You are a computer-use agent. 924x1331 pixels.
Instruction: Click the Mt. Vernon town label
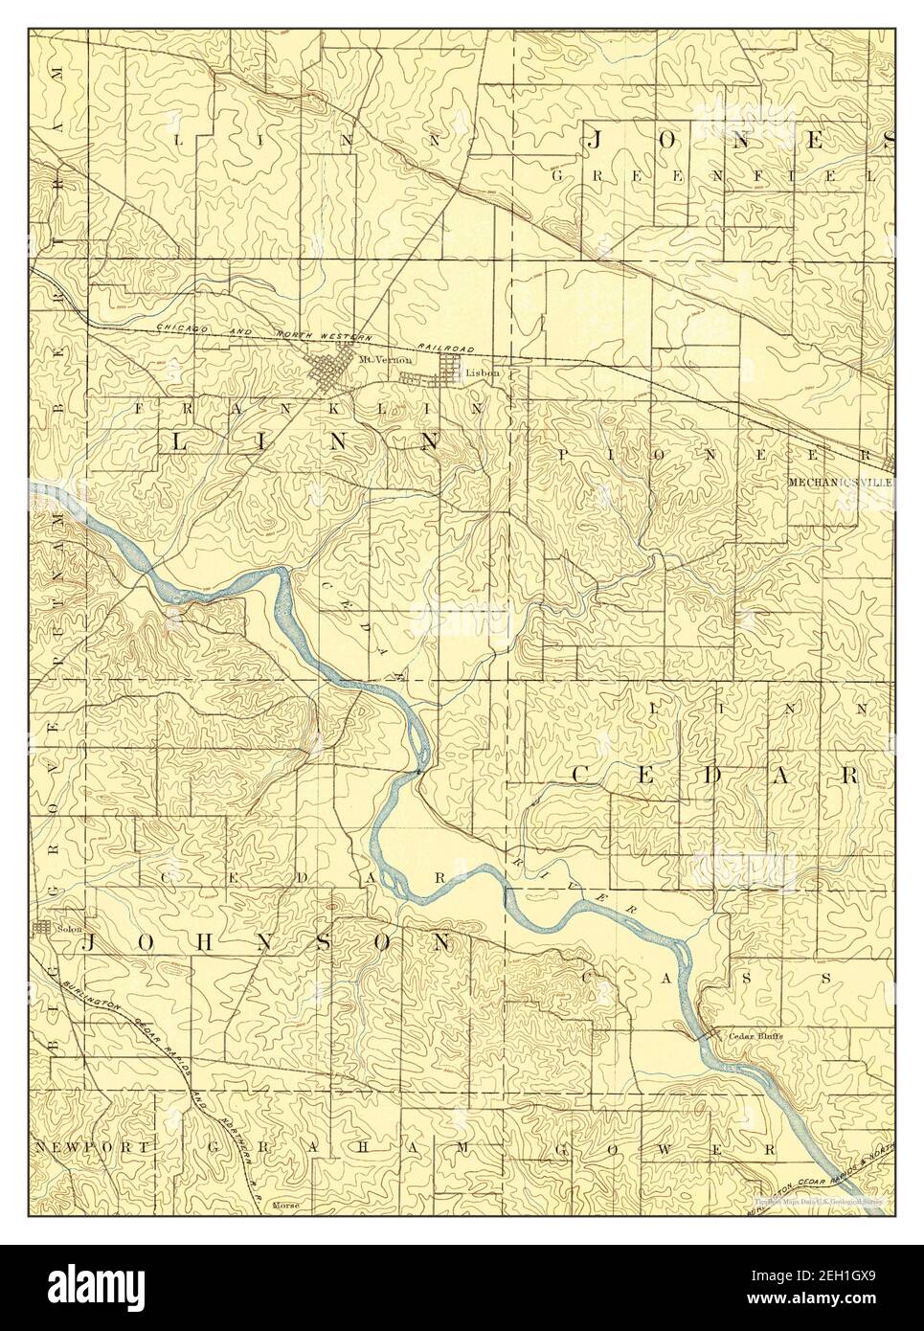point(371,360)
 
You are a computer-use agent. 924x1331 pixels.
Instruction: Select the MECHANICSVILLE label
point(840,483)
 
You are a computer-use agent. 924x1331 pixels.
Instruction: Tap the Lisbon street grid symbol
point(450,367)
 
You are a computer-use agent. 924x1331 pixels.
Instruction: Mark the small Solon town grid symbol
point(41,928)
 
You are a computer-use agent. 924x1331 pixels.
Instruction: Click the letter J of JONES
point(595,143)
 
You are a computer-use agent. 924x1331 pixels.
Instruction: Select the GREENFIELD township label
point(713,175)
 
